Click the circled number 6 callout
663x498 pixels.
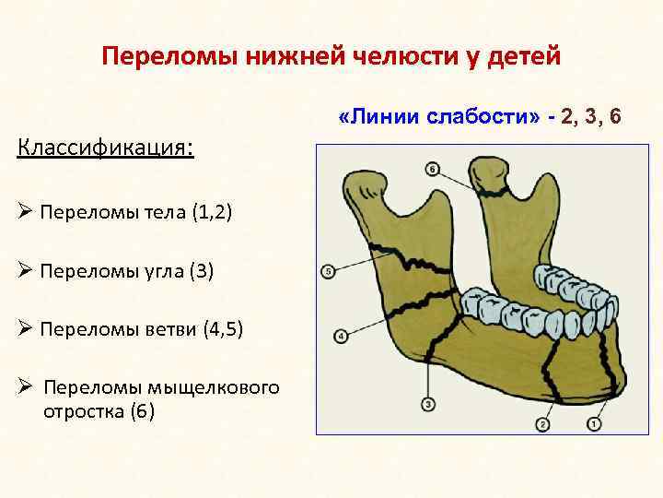433,169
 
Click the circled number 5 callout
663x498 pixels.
327,271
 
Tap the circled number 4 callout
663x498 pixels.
341,337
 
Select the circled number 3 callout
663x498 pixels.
428,403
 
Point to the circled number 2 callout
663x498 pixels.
541,424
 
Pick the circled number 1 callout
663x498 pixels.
592,424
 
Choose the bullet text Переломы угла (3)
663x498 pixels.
125,272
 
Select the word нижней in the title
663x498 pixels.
293,57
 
